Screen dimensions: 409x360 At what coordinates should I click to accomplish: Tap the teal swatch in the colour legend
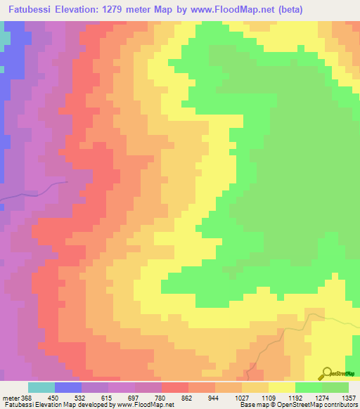pyautogui.click(x=41, y=387)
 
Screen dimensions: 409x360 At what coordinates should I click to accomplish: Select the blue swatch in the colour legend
pyautogui.click(x=68, y=387)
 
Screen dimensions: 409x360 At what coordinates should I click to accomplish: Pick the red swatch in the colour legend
pyautogui.click(x=175, y=387)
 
